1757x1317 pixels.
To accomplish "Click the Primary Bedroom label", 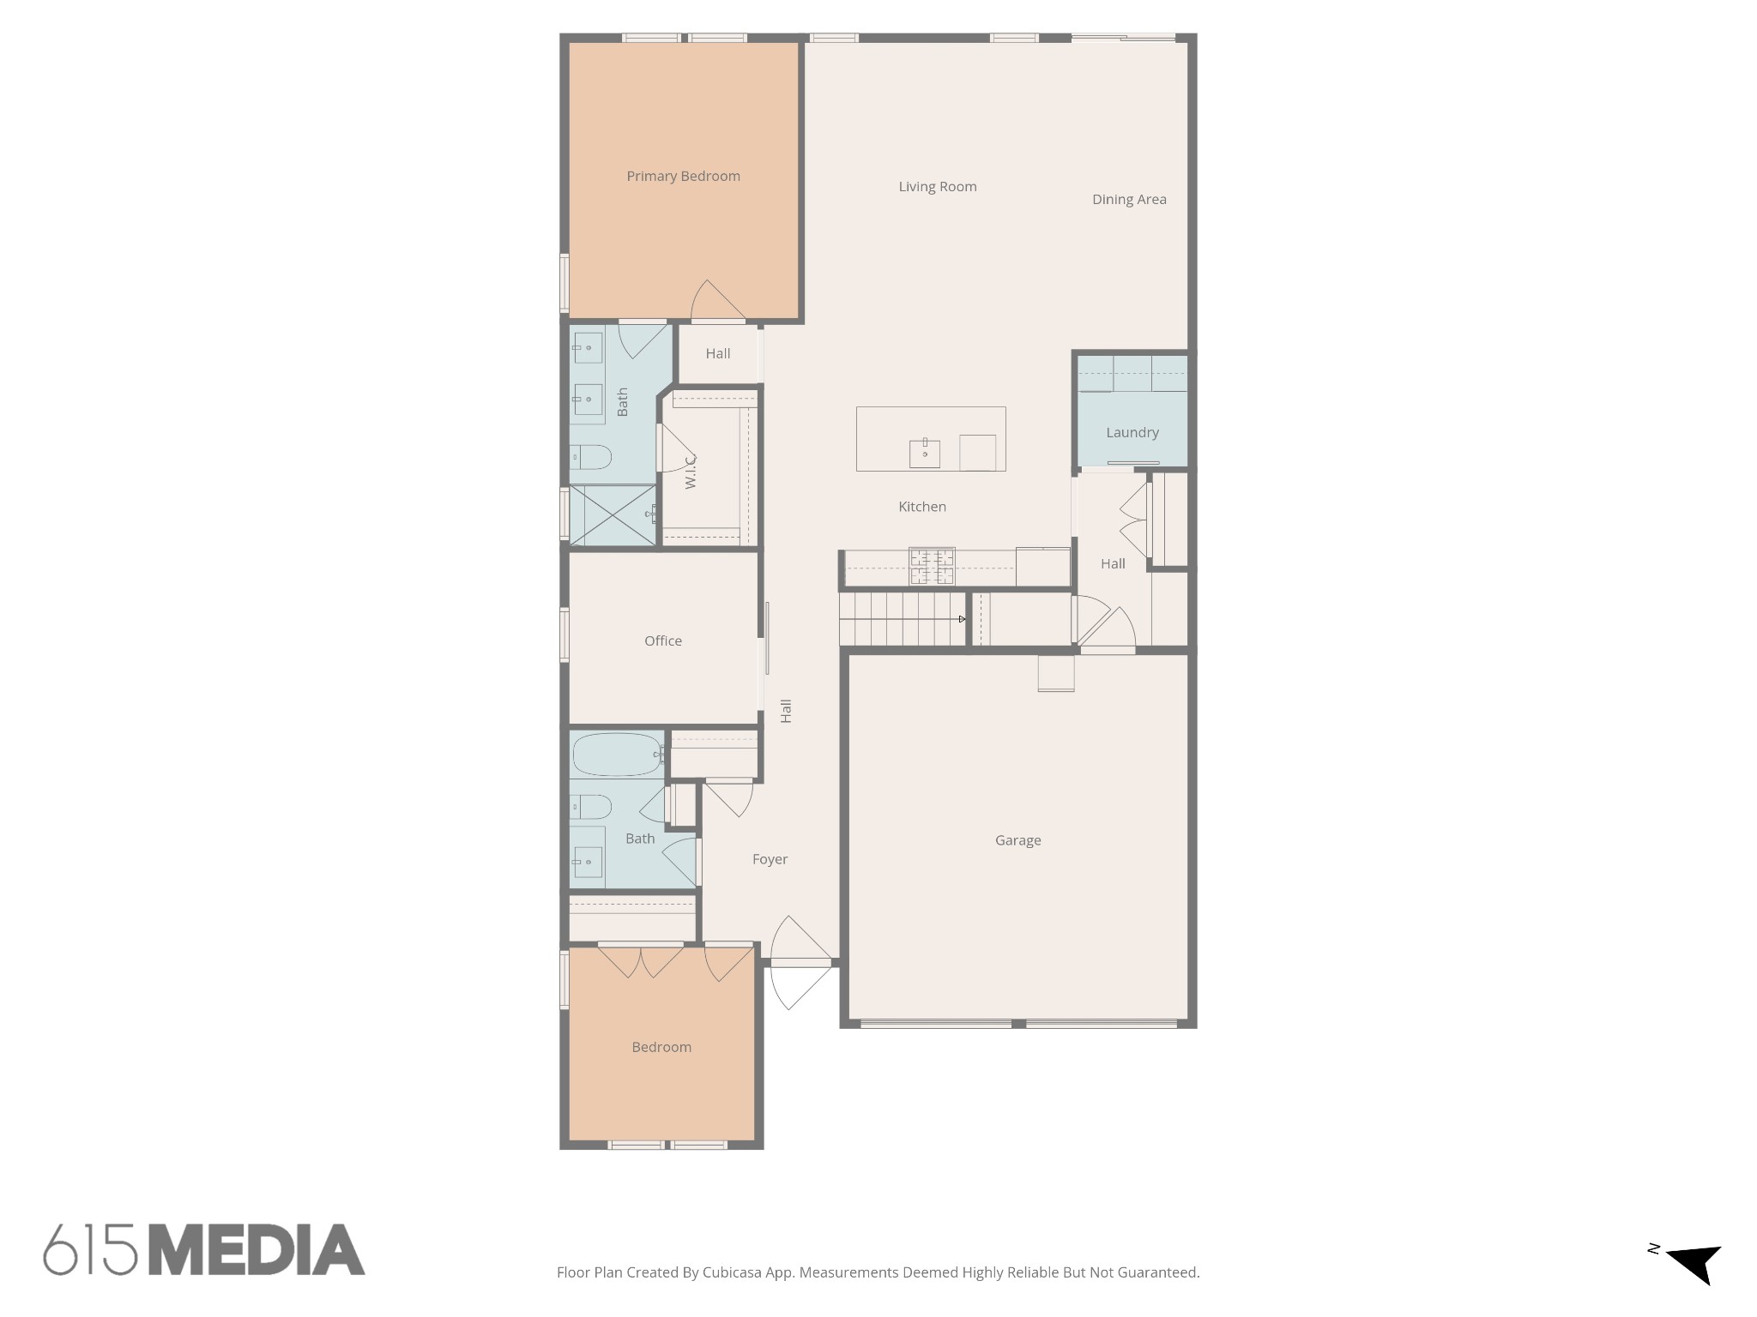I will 683,177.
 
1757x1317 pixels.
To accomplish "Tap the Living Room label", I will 937,187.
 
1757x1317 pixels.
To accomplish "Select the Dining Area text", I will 1128,200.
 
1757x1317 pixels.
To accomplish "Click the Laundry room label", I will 1132,433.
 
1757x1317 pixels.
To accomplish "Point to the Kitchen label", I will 921,507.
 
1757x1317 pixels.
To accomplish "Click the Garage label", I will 1017,840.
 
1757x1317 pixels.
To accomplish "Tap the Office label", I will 662,640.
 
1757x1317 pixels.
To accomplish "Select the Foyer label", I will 770,859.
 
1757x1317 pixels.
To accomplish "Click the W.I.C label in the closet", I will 691,472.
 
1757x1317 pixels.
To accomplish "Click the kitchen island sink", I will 924,453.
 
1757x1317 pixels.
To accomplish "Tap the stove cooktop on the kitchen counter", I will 931,566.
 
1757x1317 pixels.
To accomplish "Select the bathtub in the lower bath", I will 616,755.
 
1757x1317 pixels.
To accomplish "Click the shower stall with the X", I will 612,514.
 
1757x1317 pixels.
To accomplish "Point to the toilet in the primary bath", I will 592,457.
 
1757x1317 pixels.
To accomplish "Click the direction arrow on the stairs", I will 962,619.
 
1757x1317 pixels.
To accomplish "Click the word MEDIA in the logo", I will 257,1250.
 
